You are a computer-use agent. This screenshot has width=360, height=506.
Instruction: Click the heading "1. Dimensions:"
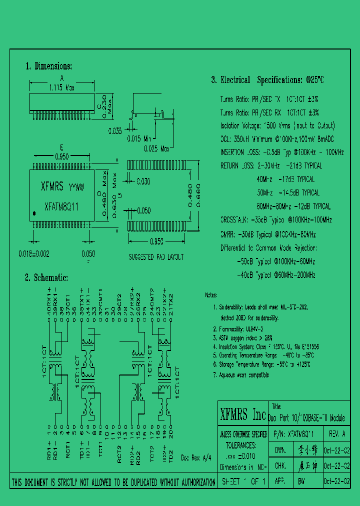[48, 66]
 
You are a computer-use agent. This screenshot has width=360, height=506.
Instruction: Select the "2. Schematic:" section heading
[46, 278]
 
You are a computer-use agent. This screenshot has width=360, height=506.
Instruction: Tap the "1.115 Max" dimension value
[61, 87]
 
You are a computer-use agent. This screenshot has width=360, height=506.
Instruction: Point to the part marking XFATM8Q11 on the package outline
[61, 206]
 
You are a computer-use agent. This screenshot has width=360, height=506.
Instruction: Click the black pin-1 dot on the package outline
[34, 214]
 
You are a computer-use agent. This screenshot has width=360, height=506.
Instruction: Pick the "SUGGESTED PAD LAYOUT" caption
[156, 257]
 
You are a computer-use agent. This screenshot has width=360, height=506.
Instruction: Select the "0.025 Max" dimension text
[157, 148]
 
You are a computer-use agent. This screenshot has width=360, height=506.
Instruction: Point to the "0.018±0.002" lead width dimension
[34, 254]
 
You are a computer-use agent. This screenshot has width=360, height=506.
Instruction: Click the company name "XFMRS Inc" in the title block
[243, 415]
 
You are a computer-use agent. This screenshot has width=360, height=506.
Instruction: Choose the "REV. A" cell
[337, 434]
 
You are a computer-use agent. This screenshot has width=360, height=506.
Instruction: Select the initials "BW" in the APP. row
[301, 482]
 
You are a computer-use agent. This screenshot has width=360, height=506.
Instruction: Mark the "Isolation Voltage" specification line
[277, 126]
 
